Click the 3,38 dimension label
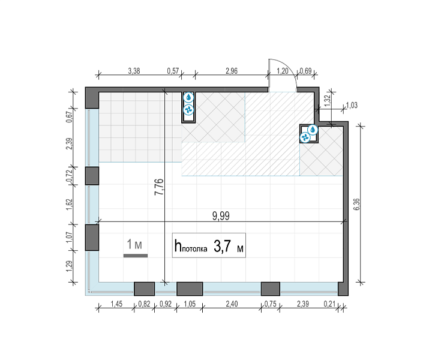(134, 71)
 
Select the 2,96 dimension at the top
(232, 71)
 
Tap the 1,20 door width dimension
(283, 71)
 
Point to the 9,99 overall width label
(221, 216)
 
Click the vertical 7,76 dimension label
(159, 187)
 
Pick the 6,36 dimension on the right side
(356, 204)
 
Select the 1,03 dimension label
(352, 105)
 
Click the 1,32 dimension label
(328, 101)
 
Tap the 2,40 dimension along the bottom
(232, 304)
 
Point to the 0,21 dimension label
(329, 304)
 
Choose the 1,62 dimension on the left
(69, 205)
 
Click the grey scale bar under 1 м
(136, 256)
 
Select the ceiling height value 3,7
(222, 246)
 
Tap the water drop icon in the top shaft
(189, 97)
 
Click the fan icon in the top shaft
(189, 110)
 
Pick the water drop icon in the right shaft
(313, 130)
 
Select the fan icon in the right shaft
(305, 137)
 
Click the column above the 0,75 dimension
(271, 289)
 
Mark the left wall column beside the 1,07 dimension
(92, 238)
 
